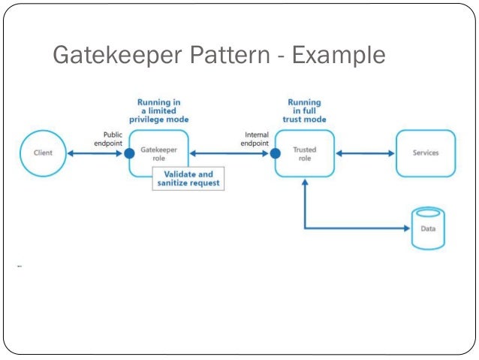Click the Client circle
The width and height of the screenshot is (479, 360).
pyautogui.click(x=44, y=153)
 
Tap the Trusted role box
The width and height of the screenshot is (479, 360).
pyautogui.click(x=305, y=153)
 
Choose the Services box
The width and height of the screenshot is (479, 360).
pyautogui.click(x=425, y=153)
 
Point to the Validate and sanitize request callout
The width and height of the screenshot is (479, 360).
pyautogui.click(x=188, y=179)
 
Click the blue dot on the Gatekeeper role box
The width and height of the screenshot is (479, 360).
pyautogui.click(x=129, y=153)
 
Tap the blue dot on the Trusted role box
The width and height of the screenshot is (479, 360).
pyautogui.click(x=275, y=153)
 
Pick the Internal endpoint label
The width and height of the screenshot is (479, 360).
pyautogui.click(x=256, y=139)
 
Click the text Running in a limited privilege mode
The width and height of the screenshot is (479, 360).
pyautogui.click(x=158, y=110)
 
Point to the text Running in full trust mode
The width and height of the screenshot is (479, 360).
pyautogui.click(x=304, y=110)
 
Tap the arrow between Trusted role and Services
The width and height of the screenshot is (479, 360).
pyautogui.click(x=365, y=153)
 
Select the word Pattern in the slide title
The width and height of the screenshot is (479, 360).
pyautogui.click(x=228, y=56)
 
